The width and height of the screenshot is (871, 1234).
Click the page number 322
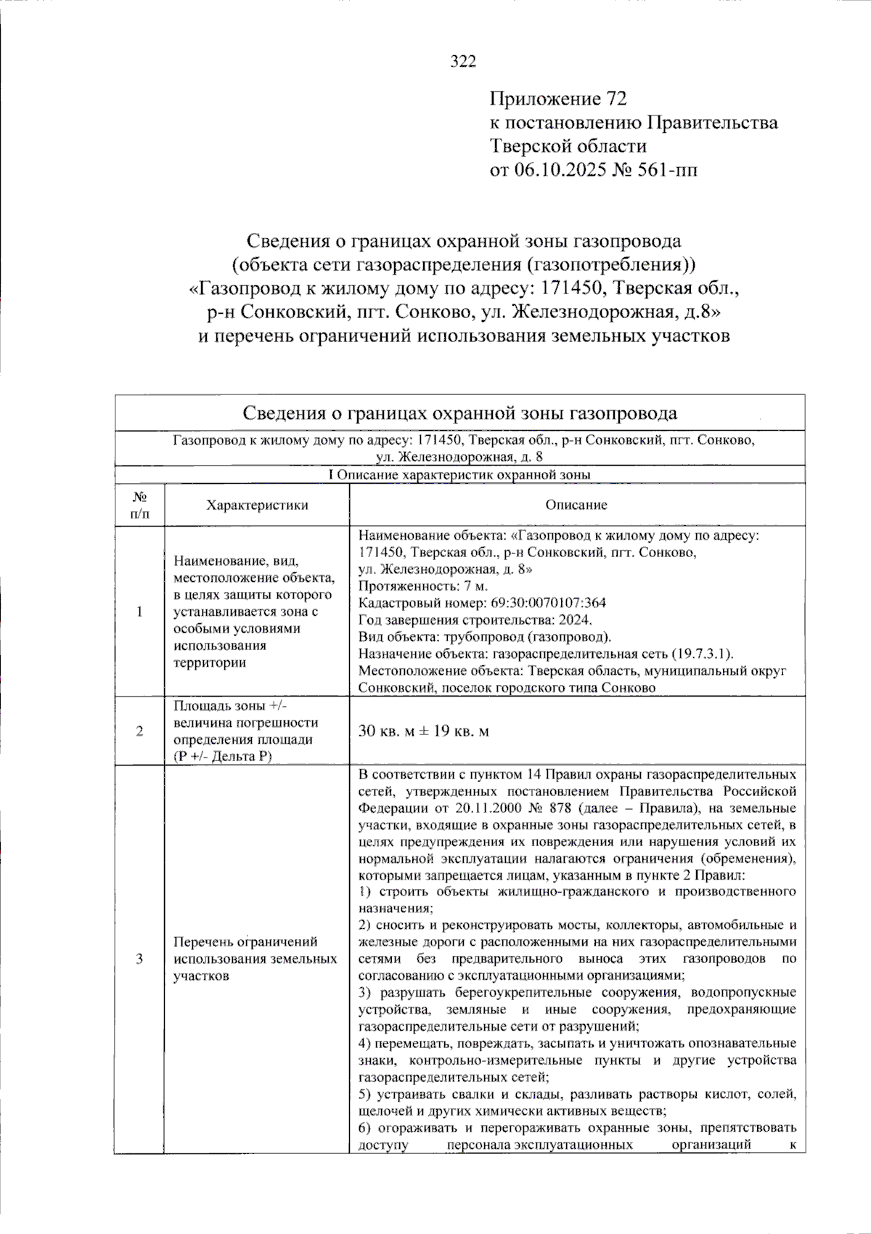(463, 62)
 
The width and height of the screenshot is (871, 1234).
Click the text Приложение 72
(557, 99)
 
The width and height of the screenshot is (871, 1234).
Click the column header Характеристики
(257, 505)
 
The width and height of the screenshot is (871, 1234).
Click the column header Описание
(576, 505)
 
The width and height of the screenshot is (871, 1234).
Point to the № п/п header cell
(139, 505)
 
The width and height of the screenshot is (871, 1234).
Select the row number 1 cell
(139, 612)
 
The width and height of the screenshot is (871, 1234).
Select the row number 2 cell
(139, 731)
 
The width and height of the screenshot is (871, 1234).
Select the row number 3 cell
(139, 959)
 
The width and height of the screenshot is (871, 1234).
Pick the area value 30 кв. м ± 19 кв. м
(424, 731)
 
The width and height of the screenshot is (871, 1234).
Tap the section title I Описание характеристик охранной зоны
(459, 475)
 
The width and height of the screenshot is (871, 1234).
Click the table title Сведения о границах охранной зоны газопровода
(459, 413)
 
